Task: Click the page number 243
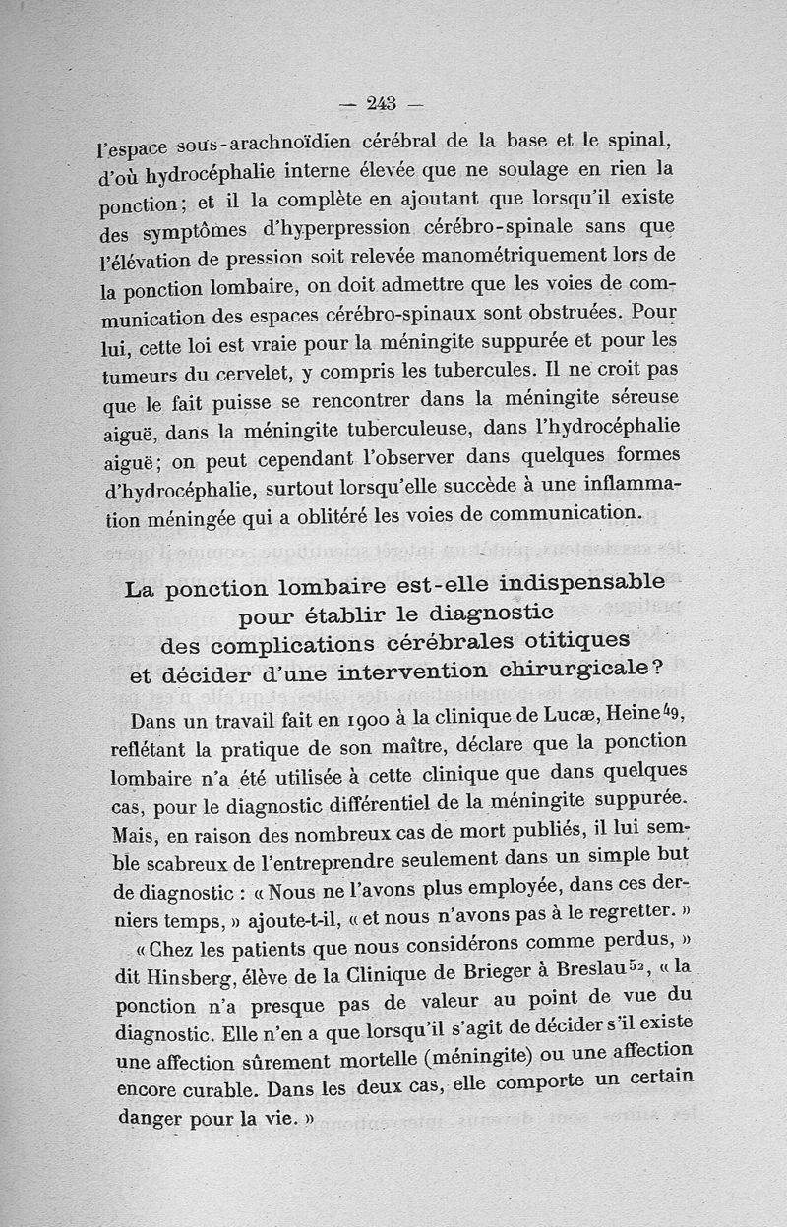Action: [x=379, y=102]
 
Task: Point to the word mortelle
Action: [x=393, y=1060]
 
